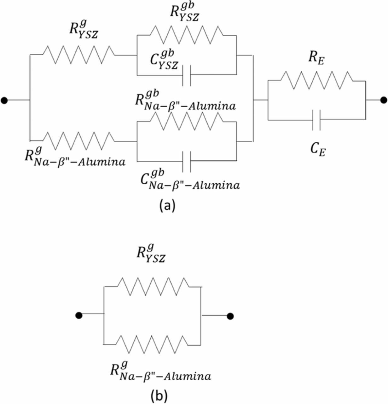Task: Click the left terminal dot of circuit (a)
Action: (4, 100)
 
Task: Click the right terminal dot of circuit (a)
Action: (383, 100)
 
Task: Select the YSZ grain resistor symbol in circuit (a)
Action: (78, 55)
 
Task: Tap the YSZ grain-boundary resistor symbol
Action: (186, 35)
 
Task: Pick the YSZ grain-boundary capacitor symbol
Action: (187, 75)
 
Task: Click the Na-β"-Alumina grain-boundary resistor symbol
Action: (187, 121)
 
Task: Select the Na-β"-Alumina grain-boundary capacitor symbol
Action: (187, 161)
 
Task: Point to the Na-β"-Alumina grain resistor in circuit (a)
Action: (78, 140)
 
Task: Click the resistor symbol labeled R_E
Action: (316, 80)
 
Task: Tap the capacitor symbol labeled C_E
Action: (316, 120)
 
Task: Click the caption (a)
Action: (167, 205)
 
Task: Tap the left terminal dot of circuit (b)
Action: (79, 315)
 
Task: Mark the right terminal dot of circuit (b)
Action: (230, 316)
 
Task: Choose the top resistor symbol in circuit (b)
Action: (153, 287)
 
